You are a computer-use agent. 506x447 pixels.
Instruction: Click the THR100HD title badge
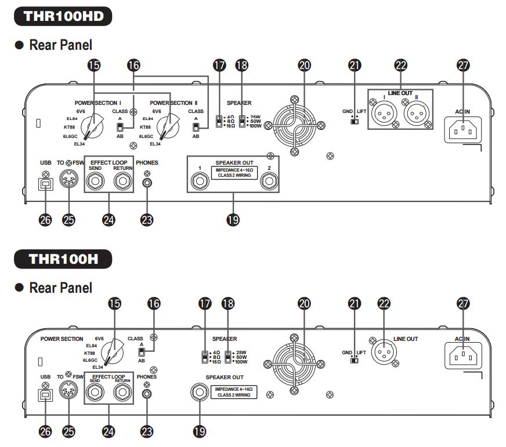[x=64, y=15]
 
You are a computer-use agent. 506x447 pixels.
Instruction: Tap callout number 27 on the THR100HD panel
[x=462, y=66]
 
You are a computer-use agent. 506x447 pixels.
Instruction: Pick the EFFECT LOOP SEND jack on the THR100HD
[x=95, y=183]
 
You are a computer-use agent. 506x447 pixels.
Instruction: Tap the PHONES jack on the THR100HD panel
[x=147, y=183]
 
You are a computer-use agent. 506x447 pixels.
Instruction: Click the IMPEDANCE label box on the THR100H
[x=234, y=391]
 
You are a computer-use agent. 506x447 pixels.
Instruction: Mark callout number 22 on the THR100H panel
[x=383, y=302]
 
